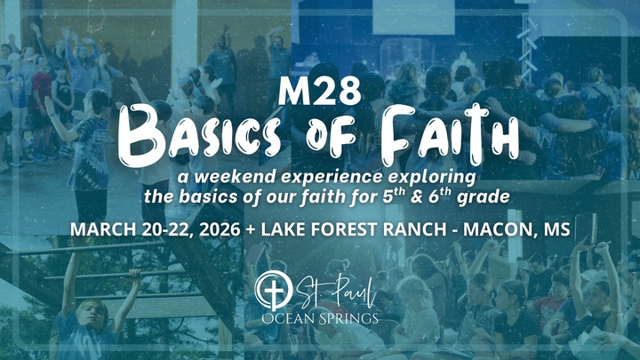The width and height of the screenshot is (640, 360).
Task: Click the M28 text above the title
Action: (319, 92)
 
